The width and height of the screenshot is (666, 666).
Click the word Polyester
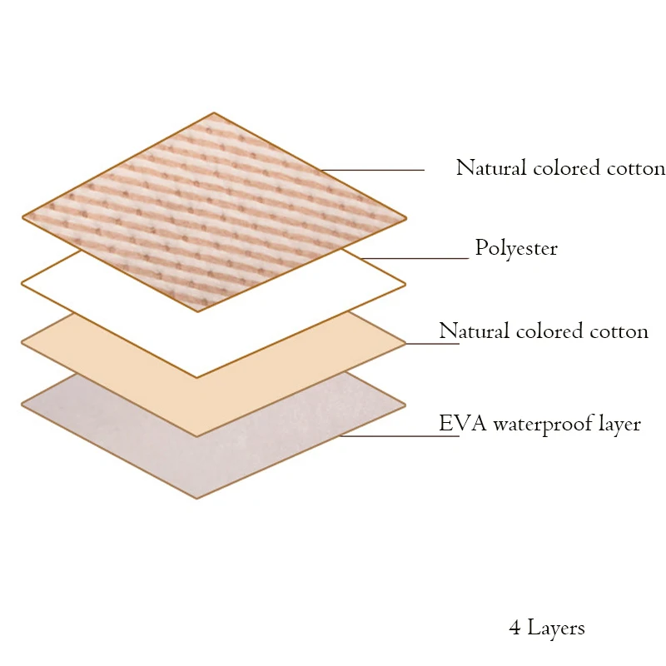coord(516,248)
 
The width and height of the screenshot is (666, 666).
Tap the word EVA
coord(463,423)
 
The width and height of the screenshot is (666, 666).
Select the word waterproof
coord(543,425)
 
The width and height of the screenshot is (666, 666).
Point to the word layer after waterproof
coord(619,425)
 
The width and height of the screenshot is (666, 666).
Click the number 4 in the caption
coord(514,628)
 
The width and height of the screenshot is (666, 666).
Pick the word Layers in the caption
coord(556,629)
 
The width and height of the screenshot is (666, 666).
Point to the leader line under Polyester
coord(415,258)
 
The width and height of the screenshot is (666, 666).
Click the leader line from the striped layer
coord(372,170)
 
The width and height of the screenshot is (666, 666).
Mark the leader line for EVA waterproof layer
coord(400,435)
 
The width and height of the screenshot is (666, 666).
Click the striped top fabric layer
coord(215,212)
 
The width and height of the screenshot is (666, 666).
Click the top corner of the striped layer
coord(214,112)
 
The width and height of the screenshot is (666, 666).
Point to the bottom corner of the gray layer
coord(196,499)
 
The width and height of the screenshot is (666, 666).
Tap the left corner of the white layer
coord(22,283)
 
